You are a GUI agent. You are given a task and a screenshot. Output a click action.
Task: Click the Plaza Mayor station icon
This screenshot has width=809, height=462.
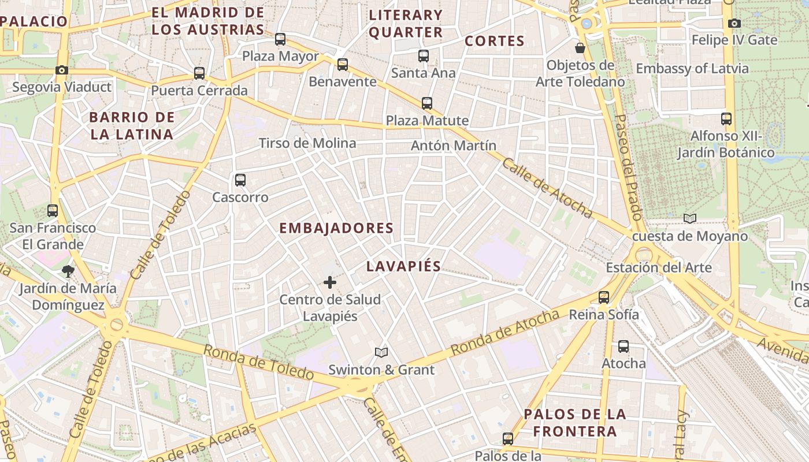tap(280, 39)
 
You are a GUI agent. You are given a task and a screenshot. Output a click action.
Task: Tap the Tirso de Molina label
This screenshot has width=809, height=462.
tap(307, 143)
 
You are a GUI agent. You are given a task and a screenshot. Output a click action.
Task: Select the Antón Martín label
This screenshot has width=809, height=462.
tap(453, 146)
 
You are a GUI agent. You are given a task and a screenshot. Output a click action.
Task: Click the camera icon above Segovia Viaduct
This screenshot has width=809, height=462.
tap(61, 70)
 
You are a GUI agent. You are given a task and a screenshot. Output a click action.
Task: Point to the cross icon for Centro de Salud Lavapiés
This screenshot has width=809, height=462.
tap(329, 282)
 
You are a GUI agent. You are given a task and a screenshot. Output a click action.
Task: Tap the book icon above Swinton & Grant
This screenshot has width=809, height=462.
tap(381, 352)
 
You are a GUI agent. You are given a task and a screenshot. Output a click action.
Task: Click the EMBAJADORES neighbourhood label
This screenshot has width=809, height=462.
tap(336, 228)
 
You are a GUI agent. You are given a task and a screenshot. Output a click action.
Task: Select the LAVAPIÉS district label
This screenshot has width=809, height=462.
tap(403, 266)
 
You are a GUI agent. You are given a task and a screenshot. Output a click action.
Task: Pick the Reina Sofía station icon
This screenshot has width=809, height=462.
tap(604, 297)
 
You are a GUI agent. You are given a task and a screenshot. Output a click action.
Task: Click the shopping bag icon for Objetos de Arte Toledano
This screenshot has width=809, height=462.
tap(580, 47)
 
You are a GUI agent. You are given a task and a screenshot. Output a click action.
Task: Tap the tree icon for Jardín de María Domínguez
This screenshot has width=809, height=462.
tap(68, 271)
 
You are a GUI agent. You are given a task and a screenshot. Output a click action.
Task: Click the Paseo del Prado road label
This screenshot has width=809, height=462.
tap(628, 167)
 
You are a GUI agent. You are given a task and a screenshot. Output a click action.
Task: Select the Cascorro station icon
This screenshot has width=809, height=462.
tap(240, 180)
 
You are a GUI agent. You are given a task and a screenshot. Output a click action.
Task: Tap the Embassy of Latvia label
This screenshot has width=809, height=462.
tap(692, 69)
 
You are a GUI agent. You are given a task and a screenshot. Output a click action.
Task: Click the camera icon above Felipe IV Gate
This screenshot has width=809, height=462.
tap(734, 24)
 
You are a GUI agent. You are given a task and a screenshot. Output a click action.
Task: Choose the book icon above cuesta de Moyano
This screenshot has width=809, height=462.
tap(689, 218)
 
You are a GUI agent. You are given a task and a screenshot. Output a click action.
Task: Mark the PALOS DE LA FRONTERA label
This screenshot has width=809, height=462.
tap(574, 423)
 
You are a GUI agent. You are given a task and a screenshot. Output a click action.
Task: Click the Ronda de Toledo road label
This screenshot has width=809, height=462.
tap(258, 362)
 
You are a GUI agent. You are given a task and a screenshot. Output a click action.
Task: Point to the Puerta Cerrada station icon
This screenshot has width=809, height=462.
tap(199, 73)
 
